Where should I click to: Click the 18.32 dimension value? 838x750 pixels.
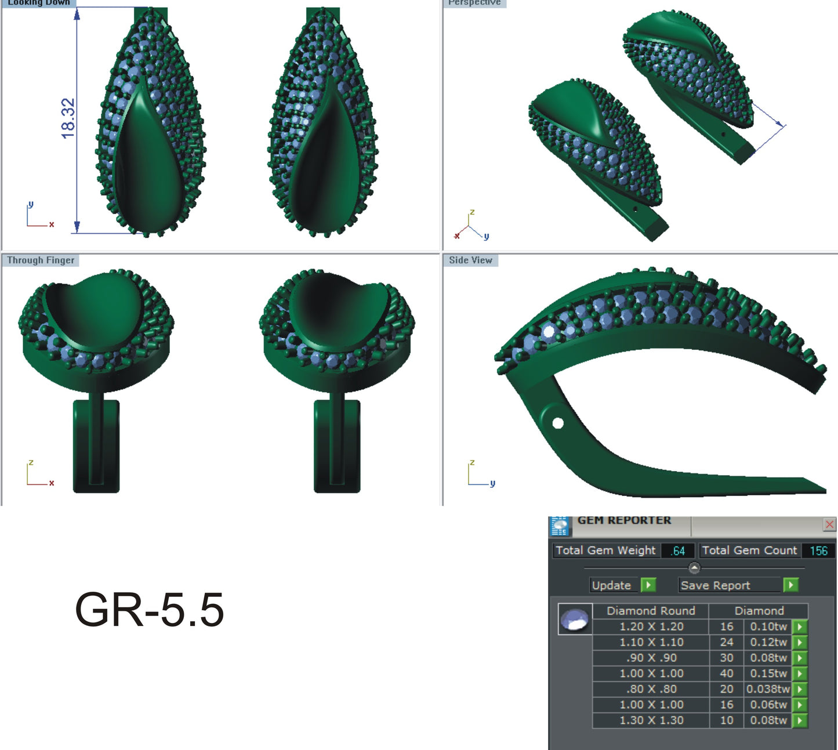(x=68, y=118)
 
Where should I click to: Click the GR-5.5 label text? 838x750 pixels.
(x=149, y=610)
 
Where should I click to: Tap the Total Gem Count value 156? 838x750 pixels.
(x=818, y=550)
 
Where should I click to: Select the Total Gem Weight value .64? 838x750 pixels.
(x=677, y=550)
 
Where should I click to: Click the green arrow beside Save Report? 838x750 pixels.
(x=790, y=585)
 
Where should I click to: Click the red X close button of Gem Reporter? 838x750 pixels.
(x=829, y=524)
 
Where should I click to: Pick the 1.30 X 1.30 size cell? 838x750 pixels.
(x=651, y=720)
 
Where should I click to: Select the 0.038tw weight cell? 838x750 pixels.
(x=768, y=689)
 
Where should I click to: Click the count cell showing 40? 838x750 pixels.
(x=726, y=673)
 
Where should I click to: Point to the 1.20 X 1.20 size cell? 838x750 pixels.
(x=651, y=626)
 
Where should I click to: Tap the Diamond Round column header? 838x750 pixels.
(x=651, y=611)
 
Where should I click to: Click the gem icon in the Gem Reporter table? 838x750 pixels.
(x=575, y=619)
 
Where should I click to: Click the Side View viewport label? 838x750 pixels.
(x=470, y=260)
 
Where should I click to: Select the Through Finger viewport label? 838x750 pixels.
(x=41, y=260)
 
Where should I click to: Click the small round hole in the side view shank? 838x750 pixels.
(x=558, y=423)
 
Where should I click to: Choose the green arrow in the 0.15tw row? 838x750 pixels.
(x=800, y=673)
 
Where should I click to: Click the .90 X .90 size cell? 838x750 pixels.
(x=651, y=658)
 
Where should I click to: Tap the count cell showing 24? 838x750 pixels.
(x=726, y=642)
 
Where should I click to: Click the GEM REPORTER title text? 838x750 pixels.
(x=624, y=520)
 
